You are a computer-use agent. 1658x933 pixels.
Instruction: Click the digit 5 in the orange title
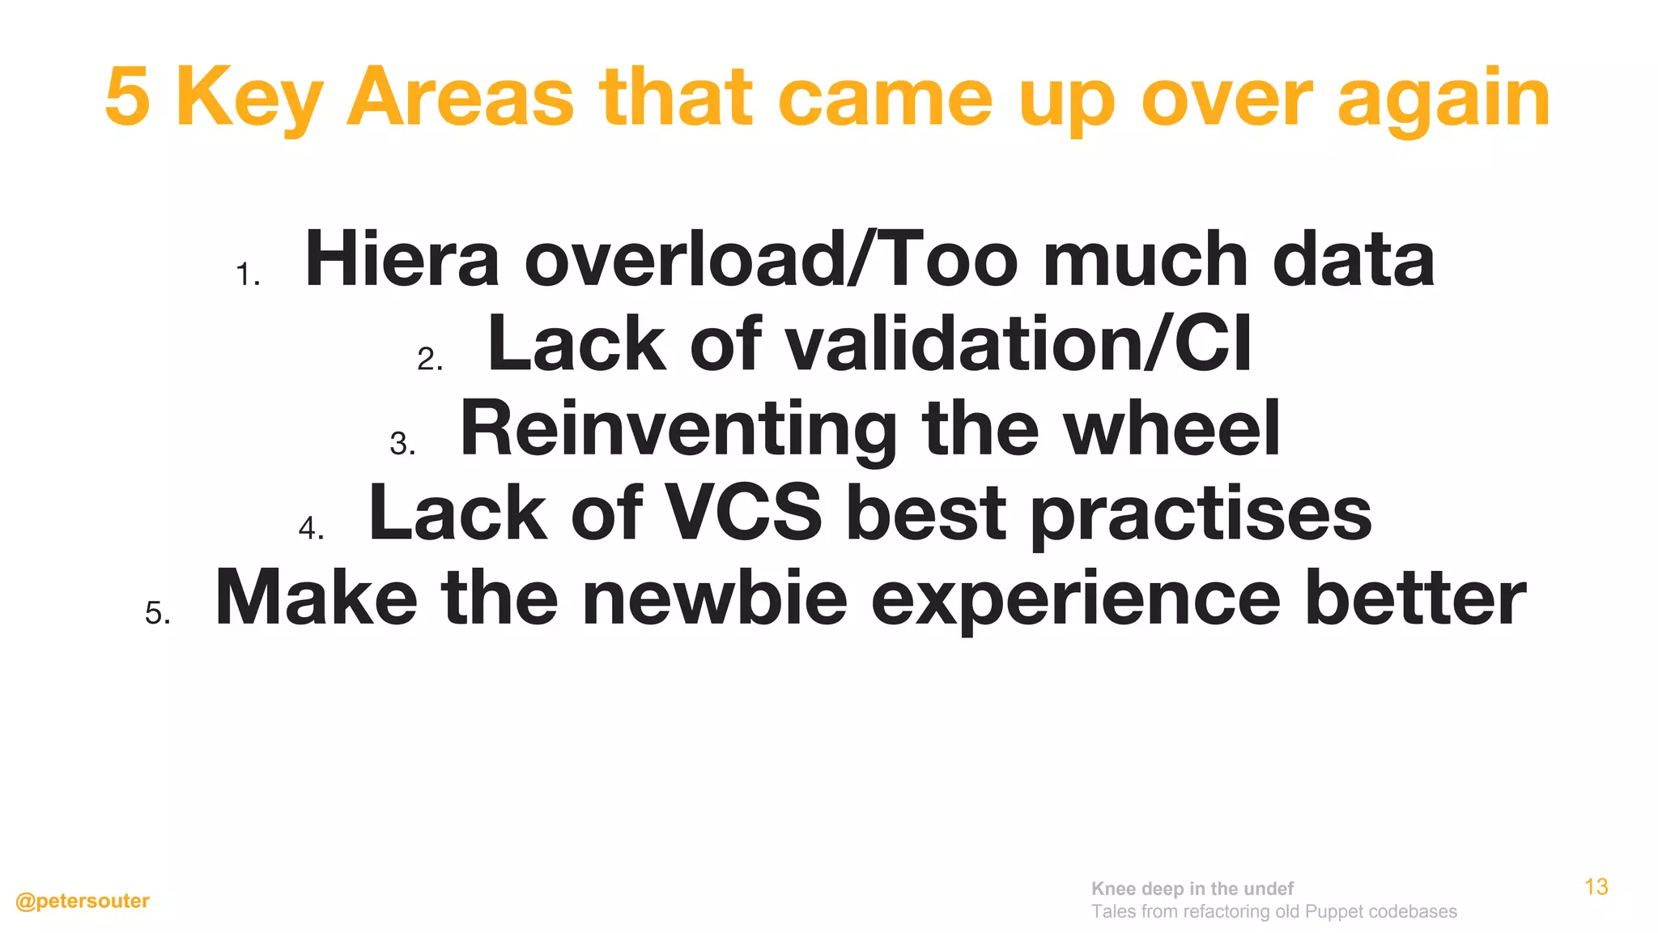(128, 98)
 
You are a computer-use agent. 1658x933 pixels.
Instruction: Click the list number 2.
(428, 359)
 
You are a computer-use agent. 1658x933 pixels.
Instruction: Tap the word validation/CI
(1018, 344)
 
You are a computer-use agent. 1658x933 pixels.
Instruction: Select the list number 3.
(401, 444)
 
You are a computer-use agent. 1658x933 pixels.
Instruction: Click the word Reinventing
(678, 430)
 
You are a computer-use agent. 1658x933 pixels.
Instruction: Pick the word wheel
(1171, 428)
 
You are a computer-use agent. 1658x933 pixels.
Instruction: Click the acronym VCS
(743, 513)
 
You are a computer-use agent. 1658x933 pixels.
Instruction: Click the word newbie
(715, 599)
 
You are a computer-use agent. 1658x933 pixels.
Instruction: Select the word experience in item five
(1075, 600)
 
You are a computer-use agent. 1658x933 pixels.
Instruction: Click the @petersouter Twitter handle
(83, 901)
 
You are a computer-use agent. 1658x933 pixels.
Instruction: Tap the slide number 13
(1596, 887)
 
